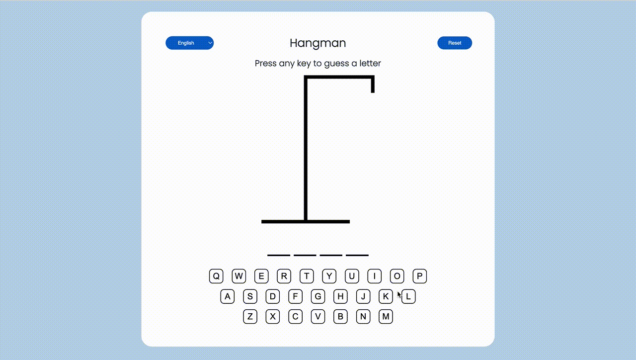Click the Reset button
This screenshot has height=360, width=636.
pyautogui.click(x=454, y=43)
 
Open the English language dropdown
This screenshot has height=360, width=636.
pyautogui.click(x=189, y=43)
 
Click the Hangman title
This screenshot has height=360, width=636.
pyautogui.click(x=318, y=43)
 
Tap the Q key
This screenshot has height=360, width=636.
pyautogui.click(x=216, y=276)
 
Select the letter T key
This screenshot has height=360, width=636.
pyautogui.click(x=307, y=276)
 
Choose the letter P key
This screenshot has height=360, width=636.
pyautogui.click(x=420, y=276)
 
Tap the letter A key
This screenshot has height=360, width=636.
pyautogui.click(x=228, y=296)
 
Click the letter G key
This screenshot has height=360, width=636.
pyautogui.click(x=318, y=296)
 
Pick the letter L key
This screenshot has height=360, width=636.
pyautogui.click(x=408, y=296)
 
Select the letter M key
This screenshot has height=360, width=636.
pyautogui.click(x=386, y=316)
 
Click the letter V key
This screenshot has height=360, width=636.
pyautogui.click(x=318, y=316)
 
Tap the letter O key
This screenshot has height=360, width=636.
pyautogui.click(x=397, y=276)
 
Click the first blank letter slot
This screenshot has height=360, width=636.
pyautogui.click(x=278, y=255)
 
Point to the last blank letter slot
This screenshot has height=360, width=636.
pyautogui.click(x=357, y=255)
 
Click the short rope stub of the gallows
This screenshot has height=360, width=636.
pyautogui.click(x=373, y=86)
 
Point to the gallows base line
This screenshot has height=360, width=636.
pyautogui.click(x=306, y=221)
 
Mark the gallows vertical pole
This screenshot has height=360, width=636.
pyautogui.click(x=306, y=149)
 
